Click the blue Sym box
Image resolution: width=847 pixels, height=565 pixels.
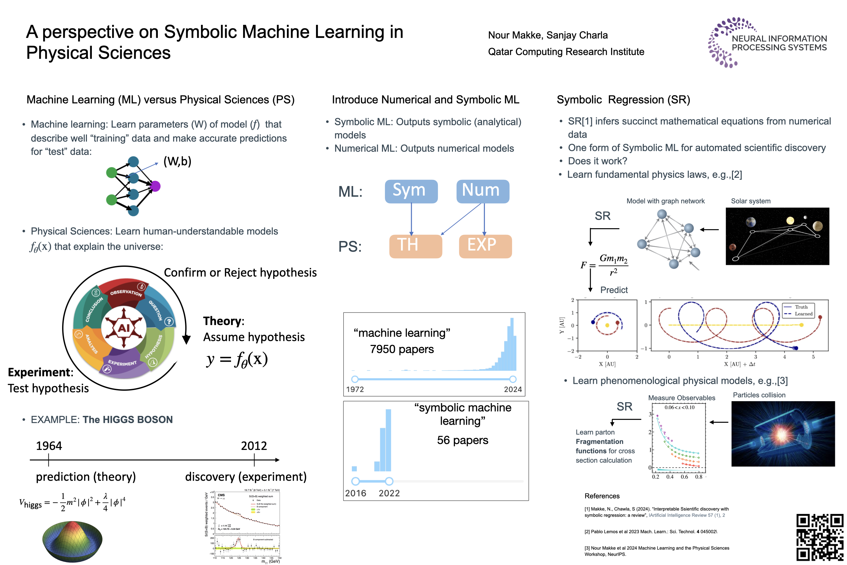coord(411,191)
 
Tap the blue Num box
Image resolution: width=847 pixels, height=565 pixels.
coord(483,191)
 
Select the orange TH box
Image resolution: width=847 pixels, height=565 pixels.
coord(415,246)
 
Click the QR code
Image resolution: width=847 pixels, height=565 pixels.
coord(819,537)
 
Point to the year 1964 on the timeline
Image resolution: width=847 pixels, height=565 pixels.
coord(49,446)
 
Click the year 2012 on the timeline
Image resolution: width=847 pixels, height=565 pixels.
coord(254,446)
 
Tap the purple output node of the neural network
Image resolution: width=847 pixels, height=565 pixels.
coord(155,186)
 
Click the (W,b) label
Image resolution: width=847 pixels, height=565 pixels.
coord(177,161)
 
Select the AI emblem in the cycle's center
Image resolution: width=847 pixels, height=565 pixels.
coord(124,328)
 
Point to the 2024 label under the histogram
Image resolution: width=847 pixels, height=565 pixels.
coord(512,389)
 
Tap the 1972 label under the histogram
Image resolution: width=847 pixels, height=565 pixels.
coord(355,389)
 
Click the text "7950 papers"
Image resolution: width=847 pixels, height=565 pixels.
coord(402,349)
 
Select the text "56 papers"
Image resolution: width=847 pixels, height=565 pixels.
coord(462,440)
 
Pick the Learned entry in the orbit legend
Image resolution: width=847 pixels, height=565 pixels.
coord(803,314)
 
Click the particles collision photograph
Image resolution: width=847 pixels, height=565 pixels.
coord(783,434)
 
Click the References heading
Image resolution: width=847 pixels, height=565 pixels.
coord(602,496)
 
